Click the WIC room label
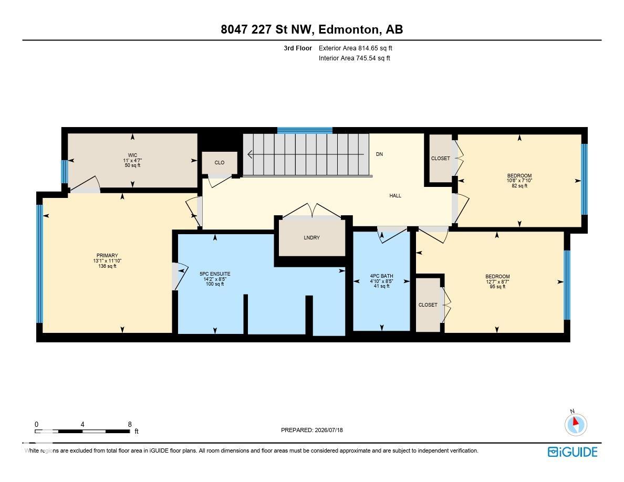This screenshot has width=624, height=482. tap(132, 155)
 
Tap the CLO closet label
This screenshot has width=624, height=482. tap(219, 163)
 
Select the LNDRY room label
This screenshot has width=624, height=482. tap(311, 238)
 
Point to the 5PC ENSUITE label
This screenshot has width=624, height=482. tap(215, 274)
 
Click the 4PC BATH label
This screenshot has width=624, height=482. tap(382, 276)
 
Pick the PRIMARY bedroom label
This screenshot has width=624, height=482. tap(107, 256)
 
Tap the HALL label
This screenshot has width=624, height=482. tap(395, 196)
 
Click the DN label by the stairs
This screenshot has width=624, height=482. tap(379, 154)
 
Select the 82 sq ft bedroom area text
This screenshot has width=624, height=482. tap(519, 186)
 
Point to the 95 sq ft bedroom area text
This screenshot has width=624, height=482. tap(497, 286)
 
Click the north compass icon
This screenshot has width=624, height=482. tap(576, 424)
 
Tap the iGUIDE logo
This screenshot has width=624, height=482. tap(573, 452)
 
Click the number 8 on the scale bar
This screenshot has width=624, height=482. tap(130, 424)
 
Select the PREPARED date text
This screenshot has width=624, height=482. tap(311, 430)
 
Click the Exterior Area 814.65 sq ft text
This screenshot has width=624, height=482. tap(356, 48)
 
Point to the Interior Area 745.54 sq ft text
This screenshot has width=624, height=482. tap(354, 58)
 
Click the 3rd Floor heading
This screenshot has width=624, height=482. tap(298, 48)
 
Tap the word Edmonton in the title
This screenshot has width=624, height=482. tap(348, 29)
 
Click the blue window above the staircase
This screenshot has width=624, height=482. tap(305, 130)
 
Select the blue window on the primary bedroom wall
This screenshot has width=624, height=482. tap(39, 264)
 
